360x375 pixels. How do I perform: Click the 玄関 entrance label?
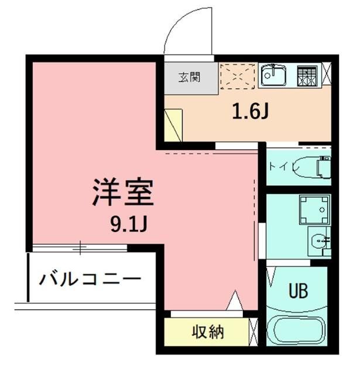coord(190,77)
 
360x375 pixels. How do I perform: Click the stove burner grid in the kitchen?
coord(306,76)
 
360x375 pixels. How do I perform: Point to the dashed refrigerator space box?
coord(237,76)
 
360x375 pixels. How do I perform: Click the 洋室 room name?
coord(123,193)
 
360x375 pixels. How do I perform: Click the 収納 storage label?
coord(208,332)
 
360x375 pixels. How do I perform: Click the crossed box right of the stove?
coord(326,76)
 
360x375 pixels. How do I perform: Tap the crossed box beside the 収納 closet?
coord(253,332)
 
